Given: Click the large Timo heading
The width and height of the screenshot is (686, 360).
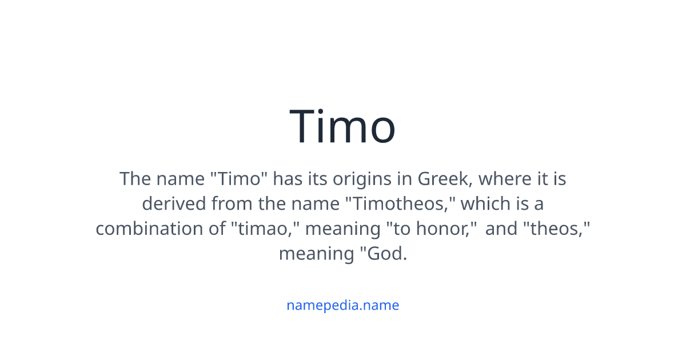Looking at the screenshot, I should (x=342, y=126).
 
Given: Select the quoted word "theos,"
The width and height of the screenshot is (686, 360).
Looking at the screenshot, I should (x=557, y=229).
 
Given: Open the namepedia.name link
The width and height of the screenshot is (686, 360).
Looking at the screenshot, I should (x=342, y=305).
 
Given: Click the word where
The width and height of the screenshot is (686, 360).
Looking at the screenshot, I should (x=505, y=179).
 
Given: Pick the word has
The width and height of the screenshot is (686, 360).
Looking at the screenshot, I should (x=286, y=179).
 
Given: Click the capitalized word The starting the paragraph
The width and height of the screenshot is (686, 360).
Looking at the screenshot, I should (x=135, y=179).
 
